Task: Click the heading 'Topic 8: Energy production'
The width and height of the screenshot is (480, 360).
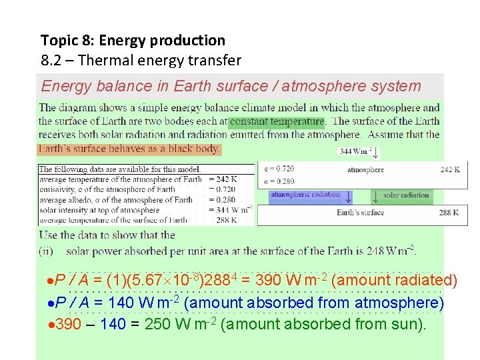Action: coord(133,41)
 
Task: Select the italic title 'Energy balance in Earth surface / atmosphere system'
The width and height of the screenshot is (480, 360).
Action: coord(231,86)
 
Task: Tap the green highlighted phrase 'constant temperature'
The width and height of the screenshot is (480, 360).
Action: coord(277,121)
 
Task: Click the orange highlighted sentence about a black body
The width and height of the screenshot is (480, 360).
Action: coord(129,149)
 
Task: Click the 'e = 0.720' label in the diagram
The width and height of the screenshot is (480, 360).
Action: coord(279,169)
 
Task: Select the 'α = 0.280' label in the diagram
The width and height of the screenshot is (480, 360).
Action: coord(279,181)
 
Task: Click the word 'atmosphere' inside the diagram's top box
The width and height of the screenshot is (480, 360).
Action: coord(365,170)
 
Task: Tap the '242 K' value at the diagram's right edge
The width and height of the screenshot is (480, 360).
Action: coord(450,170)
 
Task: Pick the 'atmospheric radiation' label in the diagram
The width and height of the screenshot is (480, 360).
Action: coord(305,195)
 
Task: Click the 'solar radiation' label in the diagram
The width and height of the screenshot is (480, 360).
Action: coord(405,195)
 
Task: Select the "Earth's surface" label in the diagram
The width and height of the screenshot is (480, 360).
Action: coord(360,213)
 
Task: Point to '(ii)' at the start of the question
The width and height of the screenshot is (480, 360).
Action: coord(46,251)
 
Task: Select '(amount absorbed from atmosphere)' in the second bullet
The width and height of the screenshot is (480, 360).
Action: coord(313,303)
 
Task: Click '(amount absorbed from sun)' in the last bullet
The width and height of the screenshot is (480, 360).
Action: coord(322,325)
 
